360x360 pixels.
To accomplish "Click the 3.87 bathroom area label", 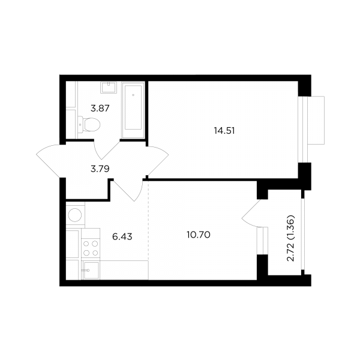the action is (100, 108).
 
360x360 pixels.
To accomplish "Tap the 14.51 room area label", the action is (224, 131).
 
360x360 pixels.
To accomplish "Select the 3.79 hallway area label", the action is (100, 169).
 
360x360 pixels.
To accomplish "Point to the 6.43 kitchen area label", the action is (122, 236).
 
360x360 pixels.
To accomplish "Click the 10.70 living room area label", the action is (199, 235).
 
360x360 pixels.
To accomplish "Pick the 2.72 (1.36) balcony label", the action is (290, 238).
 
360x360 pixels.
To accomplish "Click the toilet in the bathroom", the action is (89, 125).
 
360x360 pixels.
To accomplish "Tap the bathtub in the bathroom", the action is (133, 110).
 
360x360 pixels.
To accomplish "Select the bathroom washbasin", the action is (109, 87).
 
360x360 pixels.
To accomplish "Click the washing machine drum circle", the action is (75, 215).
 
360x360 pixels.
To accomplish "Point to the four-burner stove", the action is (91, 244).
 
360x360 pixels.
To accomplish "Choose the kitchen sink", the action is (91, 271).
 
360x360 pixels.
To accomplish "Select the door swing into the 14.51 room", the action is (157, 161).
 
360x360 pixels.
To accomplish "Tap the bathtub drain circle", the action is (133, 95).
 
